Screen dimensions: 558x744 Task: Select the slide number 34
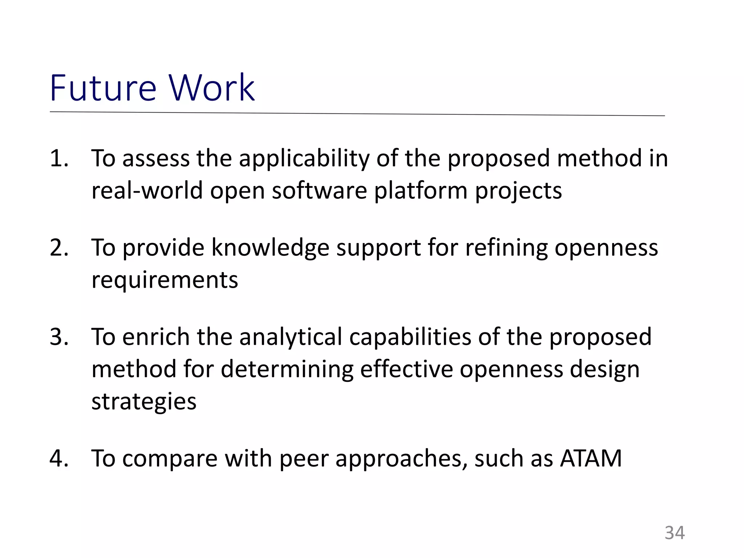[675, 533]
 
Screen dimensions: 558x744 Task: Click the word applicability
[304, 159]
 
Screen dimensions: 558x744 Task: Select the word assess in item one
[156, 159]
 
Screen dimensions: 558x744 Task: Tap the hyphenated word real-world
[147, 190]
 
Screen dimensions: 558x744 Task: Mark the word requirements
[165, 280]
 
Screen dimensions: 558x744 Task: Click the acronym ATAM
[591, 458]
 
